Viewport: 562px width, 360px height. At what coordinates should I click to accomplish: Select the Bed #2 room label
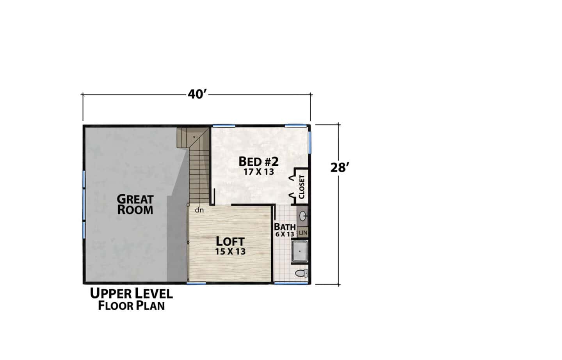[x=258, y=161]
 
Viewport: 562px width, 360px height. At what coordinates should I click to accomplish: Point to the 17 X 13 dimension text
[x=259, y=172]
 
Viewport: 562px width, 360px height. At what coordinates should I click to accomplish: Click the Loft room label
[x=230, y=241]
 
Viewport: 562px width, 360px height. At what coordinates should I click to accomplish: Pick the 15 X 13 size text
[x=230, y=252]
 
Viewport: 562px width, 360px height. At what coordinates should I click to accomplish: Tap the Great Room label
[x=135, y=204]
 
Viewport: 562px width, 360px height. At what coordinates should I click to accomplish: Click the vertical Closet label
[x=302, y=187]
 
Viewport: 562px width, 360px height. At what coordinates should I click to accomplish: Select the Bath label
[x=285, y=227]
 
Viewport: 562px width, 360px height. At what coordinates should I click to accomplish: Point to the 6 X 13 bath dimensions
[x=285, y=234]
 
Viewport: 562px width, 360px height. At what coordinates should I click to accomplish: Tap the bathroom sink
[x=303, y=216]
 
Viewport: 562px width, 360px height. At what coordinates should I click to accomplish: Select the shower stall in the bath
[x=300, y=251]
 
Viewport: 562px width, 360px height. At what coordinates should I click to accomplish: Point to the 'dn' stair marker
[x=199, y=210]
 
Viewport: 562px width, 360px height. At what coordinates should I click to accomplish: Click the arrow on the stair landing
[x=196, y=137]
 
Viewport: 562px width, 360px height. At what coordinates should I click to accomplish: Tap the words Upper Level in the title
[x=132, y=293]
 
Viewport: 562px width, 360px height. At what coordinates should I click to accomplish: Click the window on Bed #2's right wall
[x=309, y=142]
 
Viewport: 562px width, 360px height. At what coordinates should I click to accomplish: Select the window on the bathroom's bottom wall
[x=291, y=283]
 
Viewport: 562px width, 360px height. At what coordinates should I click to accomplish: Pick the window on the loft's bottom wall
[x=196, y=283]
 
